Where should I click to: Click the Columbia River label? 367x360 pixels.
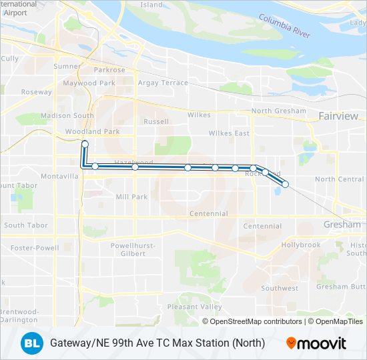coord(286,30)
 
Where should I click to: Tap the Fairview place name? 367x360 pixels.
coord(338,116)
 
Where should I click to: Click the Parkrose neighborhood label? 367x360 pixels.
coord(109,69)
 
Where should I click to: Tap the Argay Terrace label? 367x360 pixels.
coord(163,83)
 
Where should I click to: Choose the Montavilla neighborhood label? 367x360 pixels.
coord(59,175)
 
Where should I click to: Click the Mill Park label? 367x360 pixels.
coord(131,197)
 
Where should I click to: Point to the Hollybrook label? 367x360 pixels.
coord(301,245)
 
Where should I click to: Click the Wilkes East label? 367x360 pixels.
coord(229,133)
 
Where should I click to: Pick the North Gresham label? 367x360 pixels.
coord(279,111)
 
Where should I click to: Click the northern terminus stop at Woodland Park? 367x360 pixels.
coord(85,143)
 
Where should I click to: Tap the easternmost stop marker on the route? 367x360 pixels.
coord(285,184)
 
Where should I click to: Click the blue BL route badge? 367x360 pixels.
coord(30,343)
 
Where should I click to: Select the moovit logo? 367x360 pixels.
coord(317,343)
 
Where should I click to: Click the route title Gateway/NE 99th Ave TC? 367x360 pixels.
coord(157,343)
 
